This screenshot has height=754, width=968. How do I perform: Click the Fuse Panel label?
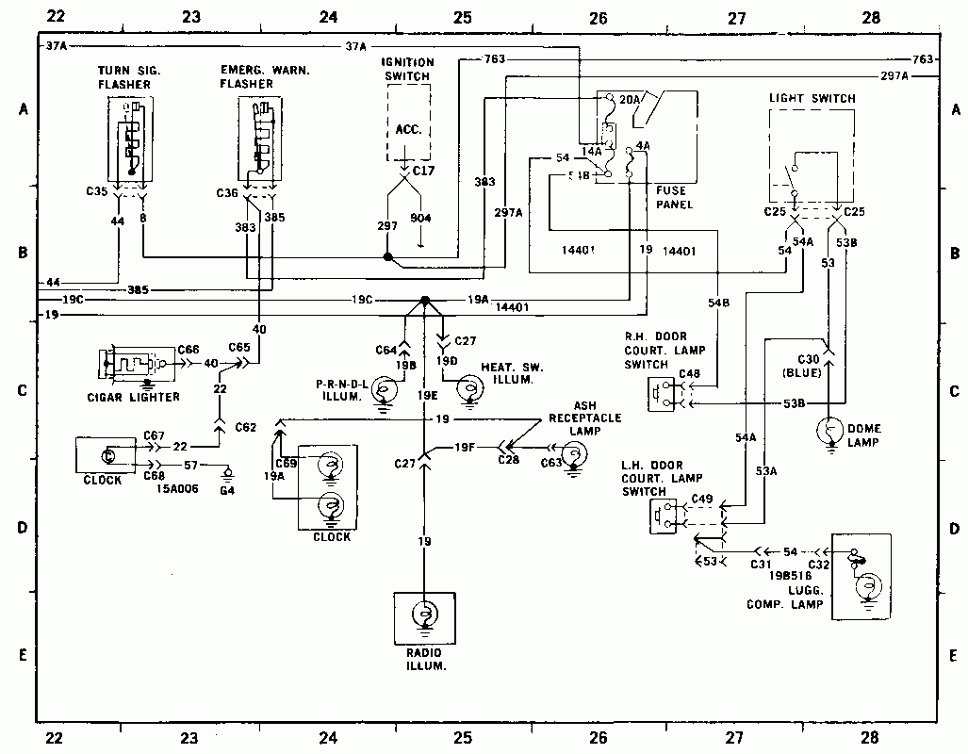[674, 197]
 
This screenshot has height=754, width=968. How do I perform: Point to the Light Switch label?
[812, 98]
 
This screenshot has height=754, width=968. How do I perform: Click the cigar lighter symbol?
[132, 365]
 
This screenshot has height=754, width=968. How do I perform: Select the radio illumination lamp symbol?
[424, 614]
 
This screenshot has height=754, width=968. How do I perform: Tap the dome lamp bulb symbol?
[830, 432]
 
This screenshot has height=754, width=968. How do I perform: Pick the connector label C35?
[96, 191]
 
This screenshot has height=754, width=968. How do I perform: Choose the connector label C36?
[227, 192]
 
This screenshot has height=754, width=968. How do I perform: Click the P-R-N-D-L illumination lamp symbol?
[384, 388]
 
